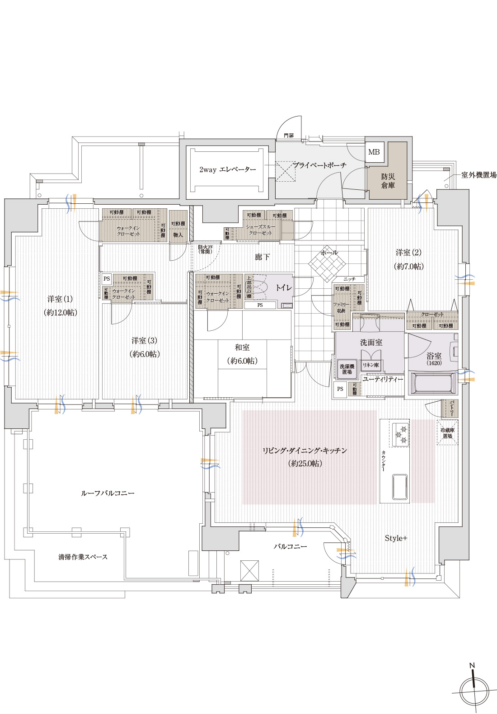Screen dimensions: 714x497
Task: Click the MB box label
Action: coord(374,152)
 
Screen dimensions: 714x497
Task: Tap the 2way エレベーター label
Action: coord(227,170)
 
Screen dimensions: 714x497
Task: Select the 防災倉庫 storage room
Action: coord(388,181)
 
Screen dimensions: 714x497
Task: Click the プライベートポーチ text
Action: coord(319,165)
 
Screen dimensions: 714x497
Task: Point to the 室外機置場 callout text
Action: coord(478,175)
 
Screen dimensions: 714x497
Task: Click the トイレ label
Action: coord(284,287)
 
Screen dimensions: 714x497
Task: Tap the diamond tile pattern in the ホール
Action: coord(327,263)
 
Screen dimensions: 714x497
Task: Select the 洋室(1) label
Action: coord(60,299)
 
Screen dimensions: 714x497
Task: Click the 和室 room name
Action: coord(242,348)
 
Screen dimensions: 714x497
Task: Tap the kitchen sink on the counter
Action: coord(400,486)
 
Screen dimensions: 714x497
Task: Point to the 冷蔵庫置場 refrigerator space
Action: coord(447,433)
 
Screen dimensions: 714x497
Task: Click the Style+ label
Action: coord(396,538)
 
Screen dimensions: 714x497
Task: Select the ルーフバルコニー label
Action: coord(108,493)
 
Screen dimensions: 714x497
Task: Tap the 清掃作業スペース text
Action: coord(83,557)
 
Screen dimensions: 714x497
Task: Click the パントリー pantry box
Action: coord(451,409)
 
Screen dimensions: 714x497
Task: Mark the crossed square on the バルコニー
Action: coord(249,570)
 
